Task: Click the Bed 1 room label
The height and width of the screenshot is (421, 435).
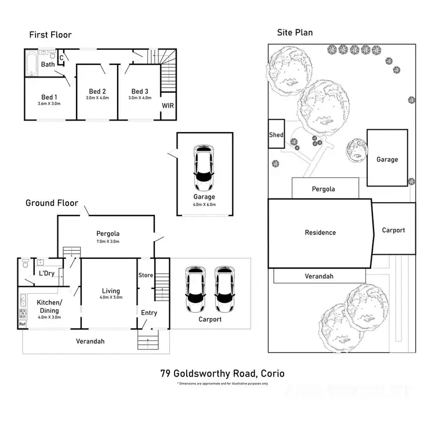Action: click(49, 97)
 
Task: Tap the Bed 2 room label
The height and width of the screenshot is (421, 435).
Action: click(97, 91)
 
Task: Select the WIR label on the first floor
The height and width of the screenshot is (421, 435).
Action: click(168, 106)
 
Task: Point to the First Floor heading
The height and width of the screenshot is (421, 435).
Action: click(50, 35)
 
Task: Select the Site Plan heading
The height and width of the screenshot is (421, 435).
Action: click(294, 32)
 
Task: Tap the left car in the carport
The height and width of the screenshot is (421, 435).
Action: click(194, 289)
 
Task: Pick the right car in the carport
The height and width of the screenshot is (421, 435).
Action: click(224, 289)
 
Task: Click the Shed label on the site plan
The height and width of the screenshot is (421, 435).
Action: click(276, 135)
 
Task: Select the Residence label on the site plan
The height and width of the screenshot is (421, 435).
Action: click(320, 232)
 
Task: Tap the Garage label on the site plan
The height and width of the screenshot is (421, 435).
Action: click(387, 159)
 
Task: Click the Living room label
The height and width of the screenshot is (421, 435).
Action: click(110, 291)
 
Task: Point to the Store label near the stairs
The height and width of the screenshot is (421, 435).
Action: click(146, 275)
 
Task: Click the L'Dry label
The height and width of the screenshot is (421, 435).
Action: click(46, 273)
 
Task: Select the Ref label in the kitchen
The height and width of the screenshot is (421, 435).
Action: click(23, 324)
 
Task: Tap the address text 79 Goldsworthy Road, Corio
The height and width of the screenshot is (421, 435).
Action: click(222, 374)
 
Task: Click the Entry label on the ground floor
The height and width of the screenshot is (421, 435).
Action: click(149, 313)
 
